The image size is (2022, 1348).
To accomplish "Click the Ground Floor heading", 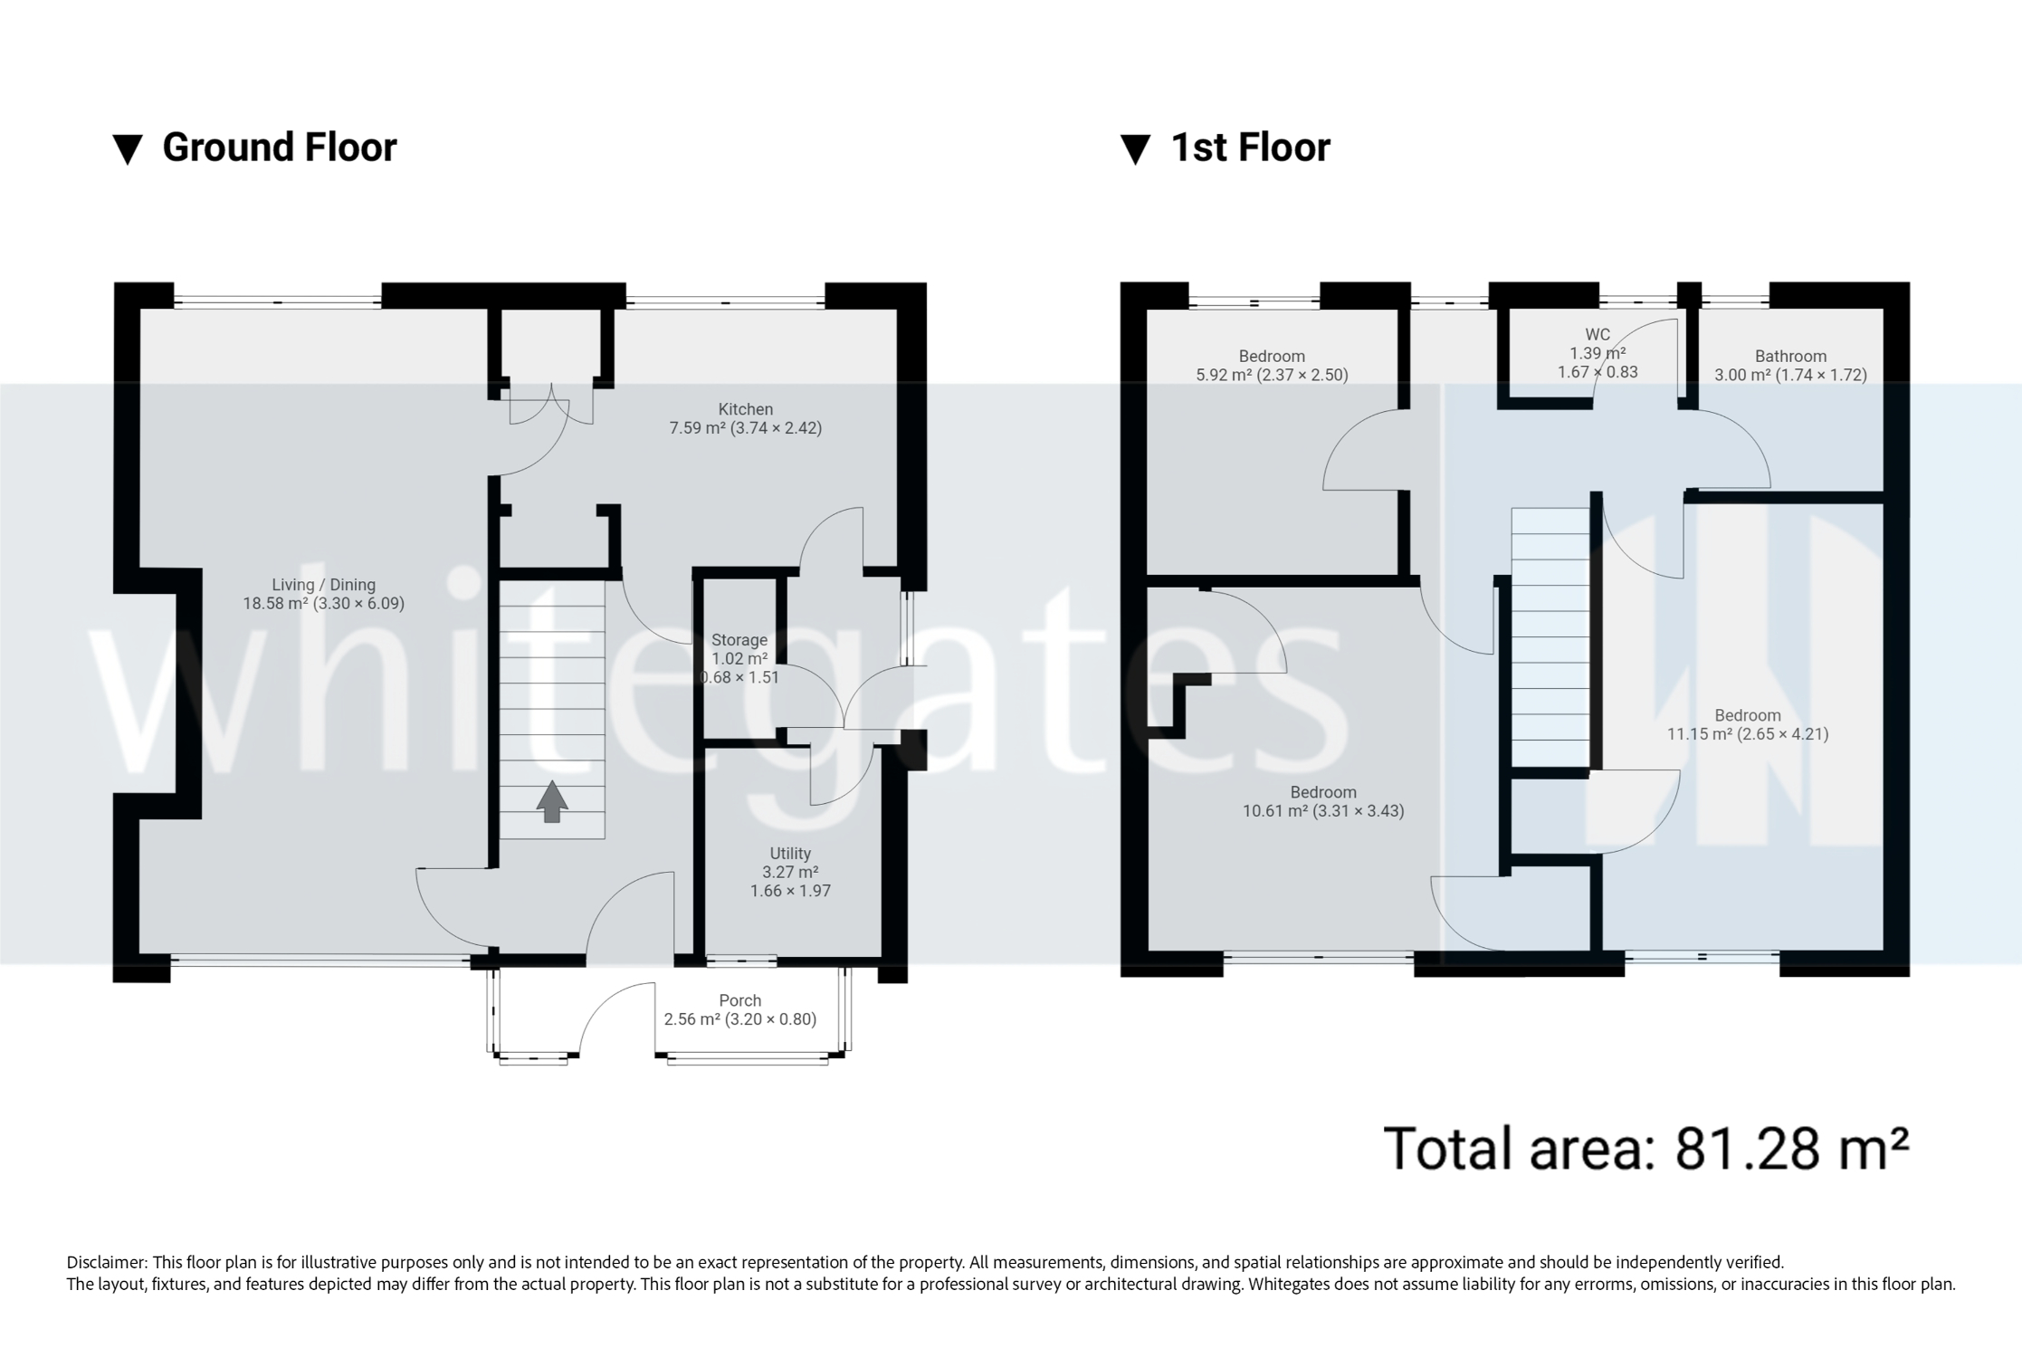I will (x=279, y=148).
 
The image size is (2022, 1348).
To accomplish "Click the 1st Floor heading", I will (x=1250, y=148).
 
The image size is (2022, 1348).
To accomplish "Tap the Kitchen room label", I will (x=745, y=409).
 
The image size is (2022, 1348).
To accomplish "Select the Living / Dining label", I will (x=323, y=585).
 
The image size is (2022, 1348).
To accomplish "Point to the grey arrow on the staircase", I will (x=552, y=801).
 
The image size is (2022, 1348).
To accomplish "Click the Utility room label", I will (x=789, y=854).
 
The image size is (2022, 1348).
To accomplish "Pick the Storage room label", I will (x=739, y=640).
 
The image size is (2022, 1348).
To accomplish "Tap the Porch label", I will (x=739, y=1000).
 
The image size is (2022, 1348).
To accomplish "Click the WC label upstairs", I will (x=1598, y=335).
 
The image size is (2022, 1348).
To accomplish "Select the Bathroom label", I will (x=1789, y=356).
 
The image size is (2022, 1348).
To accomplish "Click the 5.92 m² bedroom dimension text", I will (x=1272, y=375).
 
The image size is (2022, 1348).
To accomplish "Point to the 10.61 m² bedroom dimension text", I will (x=1322, y=811).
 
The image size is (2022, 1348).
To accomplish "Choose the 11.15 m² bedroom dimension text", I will (x=1747, y=734).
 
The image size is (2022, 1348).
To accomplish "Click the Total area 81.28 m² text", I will (x=1645, y=1148).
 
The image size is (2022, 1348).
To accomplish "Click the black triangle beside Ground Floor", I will (x=128, y=149).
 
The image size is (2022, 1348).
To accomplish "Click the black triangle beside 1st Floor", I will (x=1135, y=149).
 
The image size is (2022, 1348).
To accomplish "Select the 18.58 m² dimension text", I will (x=323, y=604).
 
